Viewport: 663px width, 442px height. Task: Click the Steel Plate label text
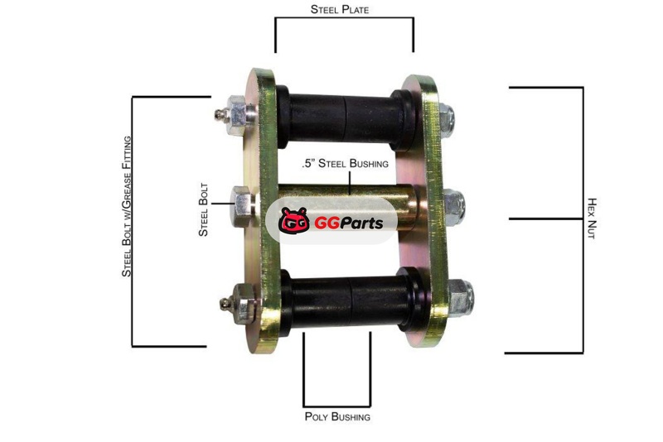(340, 9)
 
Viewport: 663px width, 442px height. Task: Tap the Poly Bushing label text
(337, 416)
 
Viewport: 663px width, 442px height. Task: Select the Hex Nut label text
(592, 219)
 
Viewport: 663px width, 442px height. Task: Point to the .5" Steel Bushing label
(345, 163)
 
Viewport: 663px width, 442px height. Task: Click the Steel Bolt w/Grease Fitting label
(127, 206)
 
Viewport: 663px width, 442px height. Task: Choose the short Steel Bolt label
(203, 209)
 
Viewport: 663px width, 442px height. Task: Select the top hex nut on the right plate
(447, 118)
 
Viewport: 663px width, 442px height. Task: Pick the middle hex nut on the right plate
(454, 207)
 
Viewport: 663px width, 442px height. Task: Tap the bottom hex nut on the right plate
(461, 298)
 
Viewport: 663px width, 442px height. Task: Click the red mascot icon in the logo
(294, 221)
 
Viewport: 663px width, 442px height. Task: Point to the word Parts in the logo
(361, 223)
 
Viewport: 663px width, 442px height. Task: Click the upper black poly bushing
(346, 118)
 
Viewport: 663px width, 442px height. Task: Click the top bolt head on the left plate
(239, 115)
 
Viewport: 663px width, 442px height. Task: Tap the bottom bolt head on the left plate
(244, 303)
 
